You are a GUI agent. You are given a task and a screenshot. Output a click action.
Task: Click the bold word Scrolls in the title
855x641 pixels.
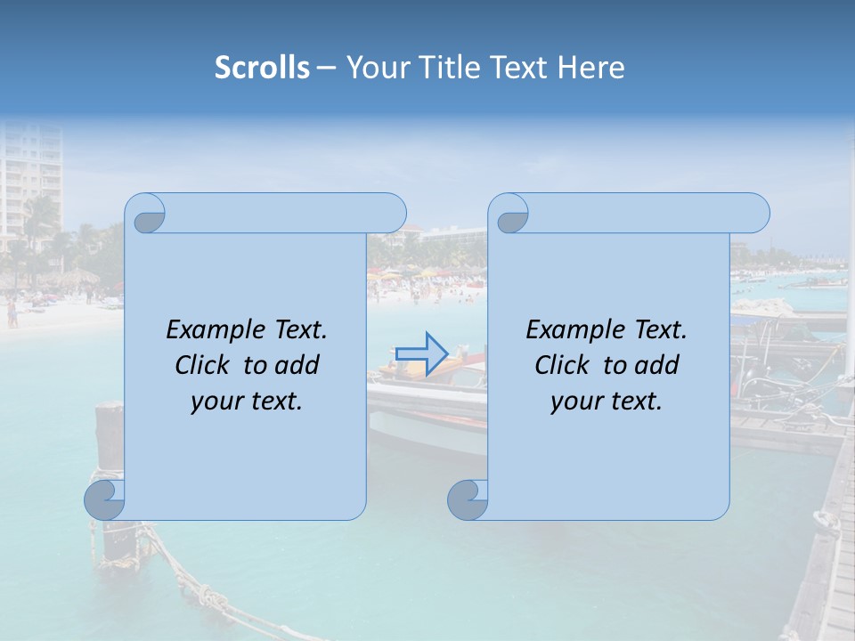pos(262,68)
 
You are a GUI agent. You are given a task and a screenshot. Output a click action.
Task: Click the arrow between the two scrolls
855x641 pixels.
pos(421,353)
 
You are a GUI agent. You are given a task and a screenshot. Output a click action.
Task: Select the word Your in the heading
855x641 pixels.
pos(372,68)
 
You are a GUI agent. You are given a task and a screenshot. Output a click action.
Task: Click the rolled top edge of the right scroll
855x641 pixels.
pos(641,213)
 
